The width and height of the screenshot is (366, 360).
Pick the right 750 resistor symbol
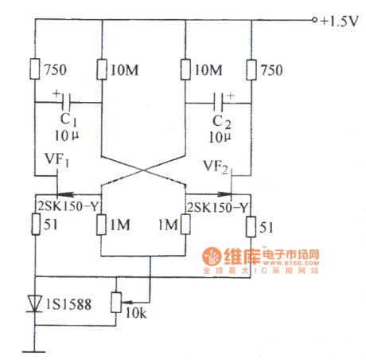(x=251, y=69)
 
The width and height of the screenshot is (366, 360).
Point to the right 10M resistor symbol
(x=185, y=69)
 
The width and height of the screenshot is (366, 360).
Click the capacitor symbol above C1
(x=70, y=102)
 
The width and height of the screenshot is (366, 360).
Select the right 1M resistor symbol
(x=185, y=225)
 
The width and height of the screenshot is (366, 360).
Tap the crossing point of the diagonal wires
(x=144, y=169)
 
